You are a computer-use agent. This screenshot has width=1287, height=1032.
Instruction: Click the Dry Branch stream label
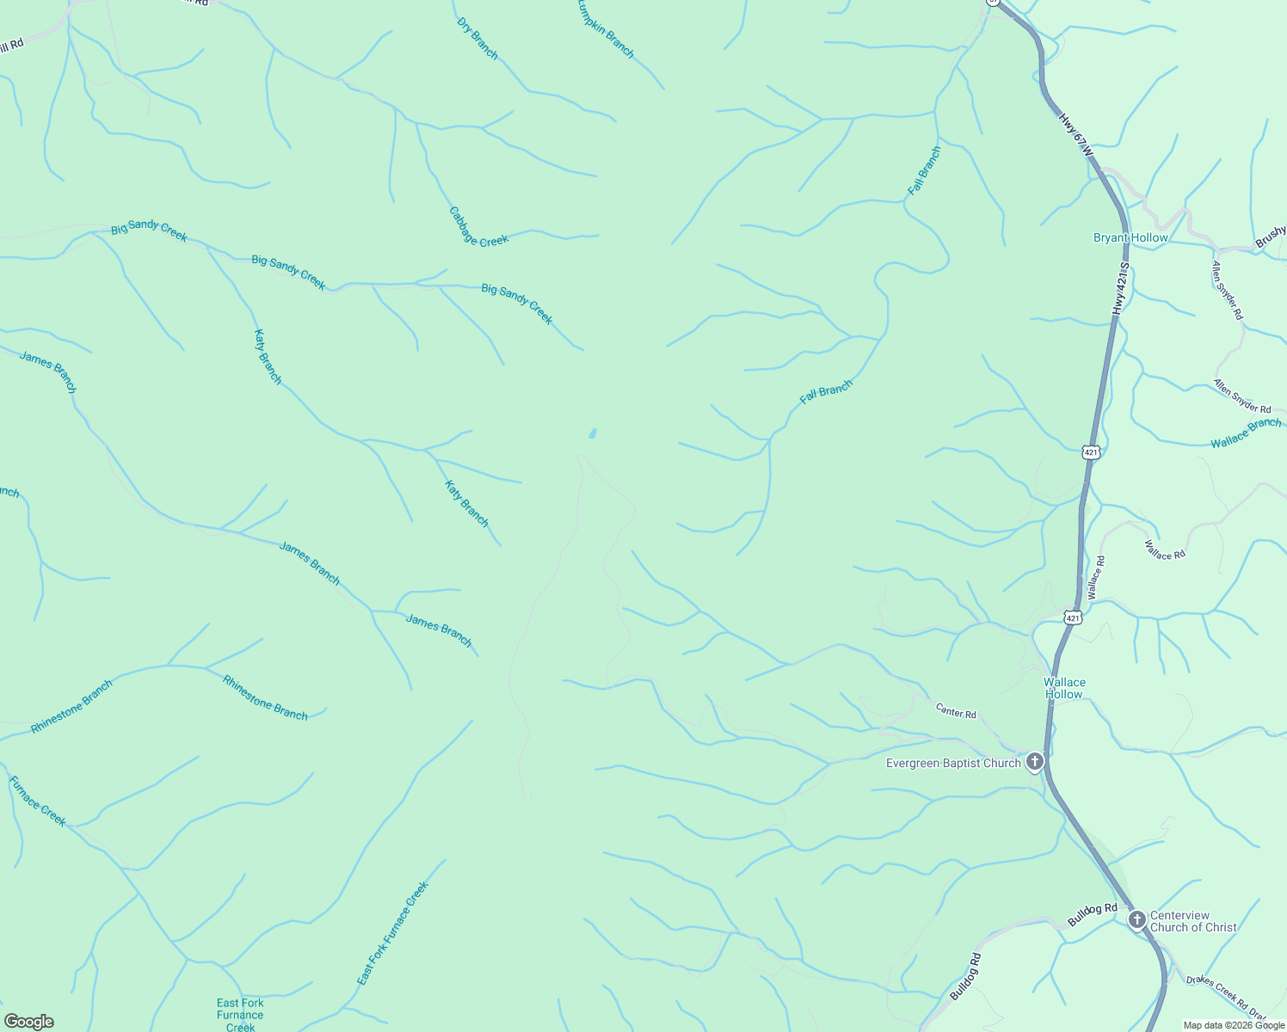(477, 39)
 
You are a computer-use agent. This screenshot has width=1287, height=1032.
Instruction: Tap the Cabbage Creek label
(478, 227)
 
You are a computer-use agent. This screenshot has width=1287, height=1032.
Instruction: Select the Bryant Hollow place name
(1130, 238)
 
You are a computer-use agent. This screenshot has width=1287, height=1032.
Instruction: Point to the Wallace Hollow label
(1064, 688)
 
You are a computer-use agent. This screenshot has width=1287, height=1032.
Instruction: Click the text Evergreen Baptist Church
(953, 763)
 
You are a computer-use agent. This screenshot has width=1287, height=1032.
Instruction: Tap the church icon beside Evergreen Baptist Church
(1035, 761)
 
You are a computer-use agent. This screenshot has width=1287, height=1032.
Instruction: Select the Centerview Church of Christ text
(1192, 921)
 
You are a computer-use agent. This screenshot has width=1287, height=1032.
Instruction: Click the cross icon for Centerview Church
(1136, 920)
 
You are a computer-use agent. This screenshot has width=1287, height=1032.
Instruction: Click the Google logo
(28, 1022)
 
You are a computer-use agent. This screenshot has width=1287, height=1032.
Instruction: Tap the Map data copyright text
(1232, 1025)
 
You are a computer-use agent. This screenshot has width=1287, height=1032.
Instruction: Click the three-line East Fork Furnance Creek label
(240, 1015)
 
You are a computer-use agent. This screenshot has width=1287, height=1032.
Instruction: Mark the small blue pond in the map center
(592, 433)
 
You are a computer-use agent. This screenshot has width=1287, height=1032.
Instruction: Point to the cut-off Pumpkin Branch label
(607, 29)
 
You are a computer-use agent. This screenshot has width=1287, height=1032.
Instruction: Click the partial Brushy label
(1271, 236)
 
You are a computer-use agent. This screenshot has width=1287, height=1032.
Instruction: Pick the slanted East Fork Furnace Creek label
(392, 934)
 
